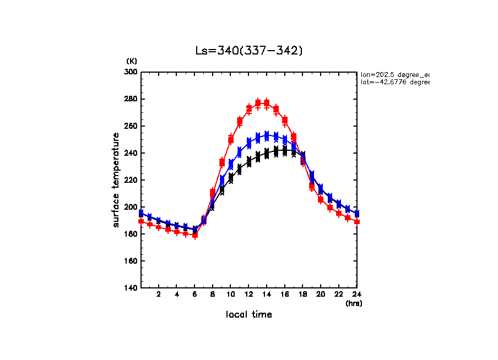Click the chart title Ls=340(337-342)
[249, 51]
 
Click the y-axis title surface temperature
[116, 179]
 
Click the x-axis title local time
[248, 314]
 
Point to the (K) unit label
[132, 61]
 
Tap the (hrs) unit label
[354, 303]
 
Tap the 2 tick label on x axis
[159, 294]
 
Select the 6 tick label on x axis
[194, 294]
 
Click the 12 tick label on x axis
[248, 294]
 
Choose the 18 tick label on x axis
[302, 294]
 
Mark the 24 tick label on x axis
[356, 294]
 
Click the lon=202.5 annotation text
[394, 74]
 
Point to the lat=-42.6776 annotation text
[394, 82]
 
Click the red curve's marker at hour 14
[267, 103]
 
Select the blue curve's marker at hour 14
[267, 135]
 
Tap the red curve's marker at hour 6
[195, 235]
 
